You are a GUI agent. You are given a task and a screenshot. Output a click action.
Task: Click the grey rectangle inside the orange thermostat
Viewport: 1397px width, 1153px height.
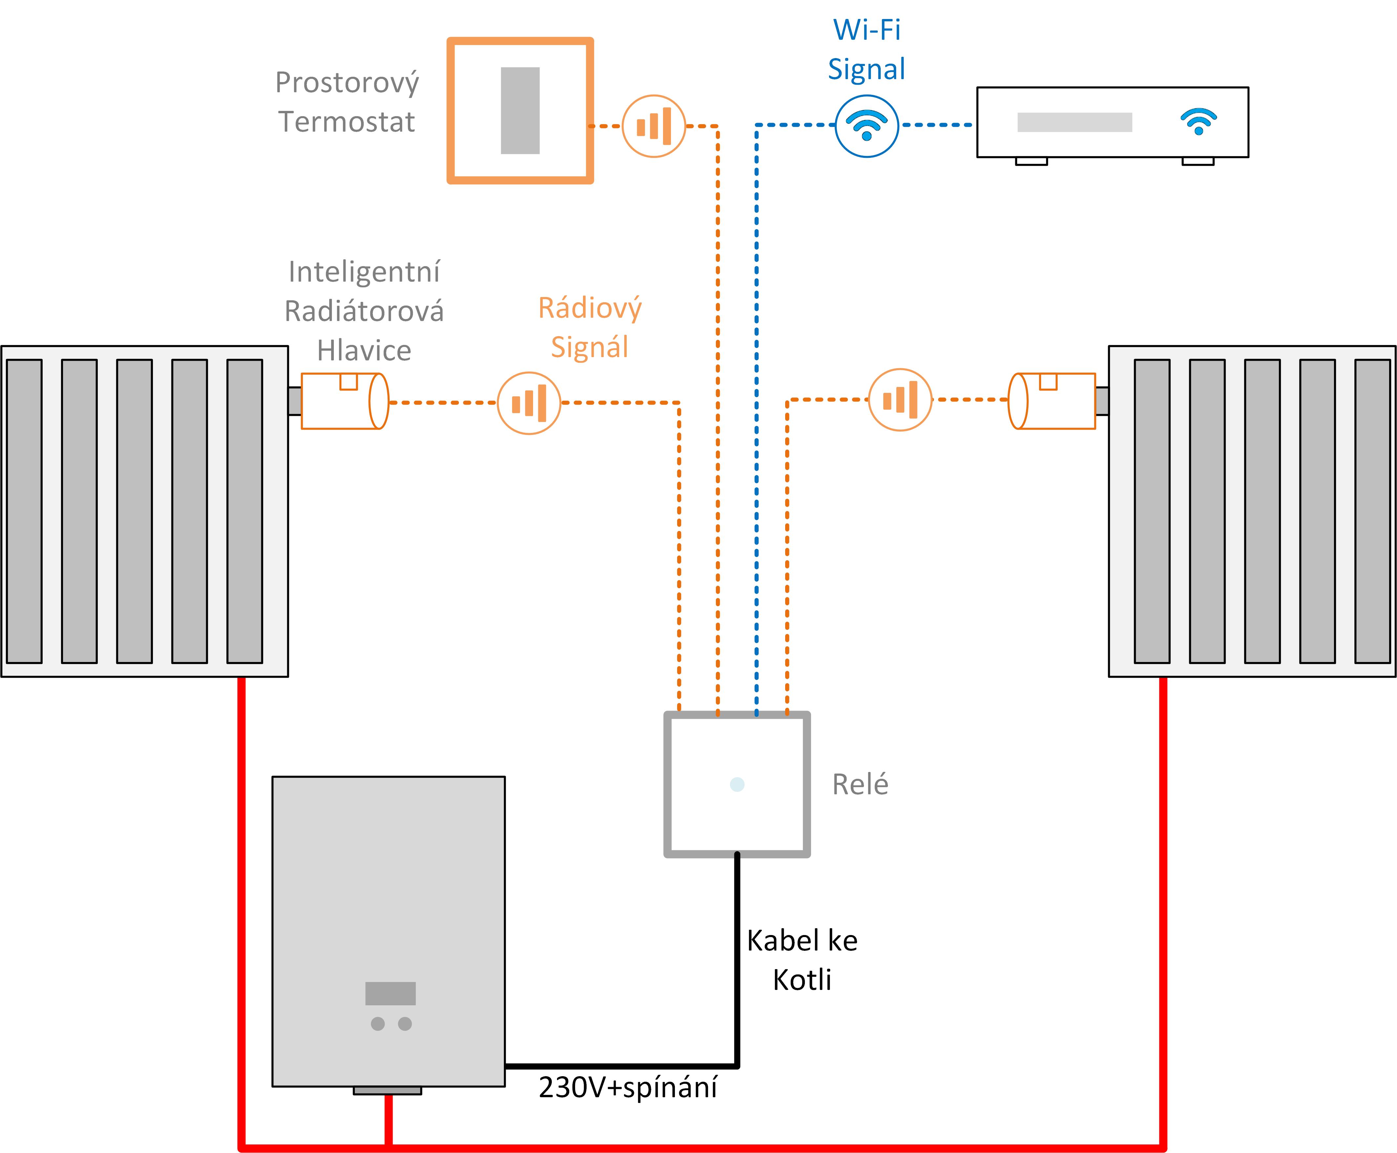pyautogui.click(x=520, y=110)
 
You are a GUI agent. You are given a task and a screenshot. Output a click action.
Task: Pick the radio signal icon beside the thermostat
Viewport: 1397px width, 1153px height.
pyautogui.click(x=654, y=125)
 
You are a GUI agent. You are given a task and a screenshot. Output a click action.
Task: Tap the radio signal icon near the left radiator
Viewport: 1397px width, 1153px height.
pyautogui.click(x=529, y=402)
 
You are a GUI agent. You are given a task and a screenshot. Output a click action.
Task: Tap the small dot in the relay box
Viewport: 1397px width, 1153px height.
pyautogui.click(x=737, y=784)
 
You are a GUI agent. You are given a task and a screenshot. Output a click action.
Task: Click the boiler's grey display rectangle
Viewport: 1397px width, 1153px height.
pyautogui.click(x=391, y=993)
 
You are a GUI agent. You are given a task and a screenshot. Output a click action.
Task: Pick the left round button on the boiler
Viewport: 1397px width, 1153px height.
pyautogui.click(x=378, y=1023)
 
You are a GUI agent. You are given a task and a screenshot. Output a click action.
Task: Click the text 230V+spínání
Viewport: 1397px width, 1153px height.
pyautogui.click(x=628, y=1087)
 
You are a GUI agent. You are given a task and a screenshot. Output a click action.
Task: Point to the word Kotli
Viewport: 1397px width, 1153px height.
pyautogui.click(x=802, y=980)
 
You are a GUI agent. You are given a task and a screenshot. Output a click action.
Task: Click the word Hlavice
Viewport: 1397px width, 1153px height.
pyautogui.click(x=364, y=350)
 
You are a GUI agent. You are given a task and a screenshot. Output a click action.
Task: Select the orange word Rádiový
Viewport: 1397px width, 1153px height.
pyautogui.click(x=590, y=308)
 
